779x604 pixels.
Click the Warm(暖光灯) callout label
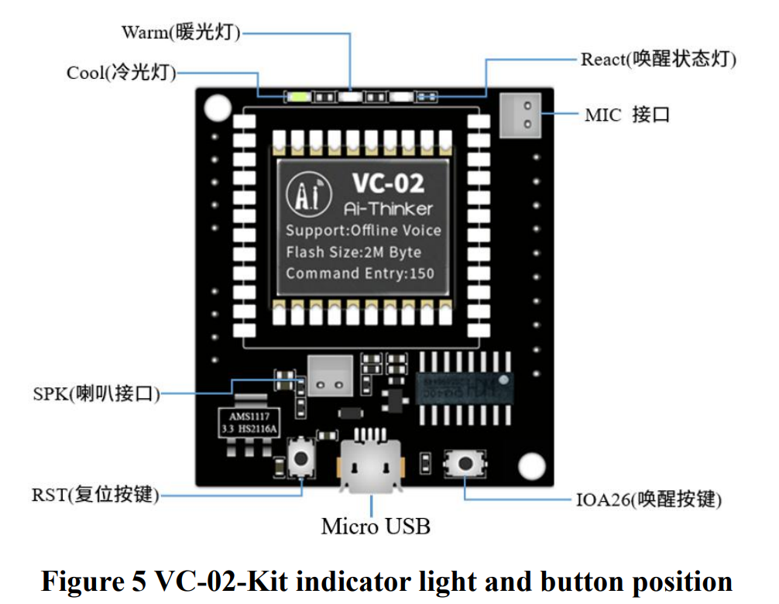tap(180, 33)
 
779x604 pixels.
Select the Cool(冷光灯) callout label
tap(122, 73)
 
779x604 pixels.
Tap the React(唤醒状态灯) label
tap(658, 59)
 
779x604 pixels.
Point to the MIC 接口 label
tap(626, 115)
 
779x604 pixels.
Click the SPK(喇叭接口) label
tap(96, 393)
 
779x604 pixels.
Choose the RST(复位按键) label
tap(95, 494)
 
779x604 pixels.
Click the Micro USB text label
tap(376, 527)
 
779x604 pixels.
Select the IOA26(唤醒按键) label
tap(648, 499)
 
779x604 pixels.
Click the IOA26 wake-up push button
tap(465, 463)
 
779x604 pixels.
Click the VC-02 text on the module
tap(388, 183)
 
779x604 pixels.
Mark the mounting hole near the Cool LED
tap(218, 106)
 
